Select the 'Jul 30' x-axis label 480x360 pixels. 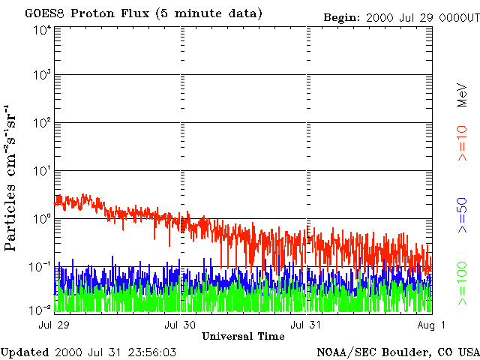coord(181,325)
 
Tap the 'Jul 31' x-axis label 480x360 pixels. coord(307,325)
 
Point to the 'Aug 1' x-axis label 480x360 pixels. coord(432,325)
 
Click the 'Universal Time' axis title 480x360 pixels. coord(243,336)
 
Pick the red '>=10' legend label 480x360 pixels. coord(462,144)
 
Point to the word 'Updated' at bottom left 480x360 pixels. coord(24,352)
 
